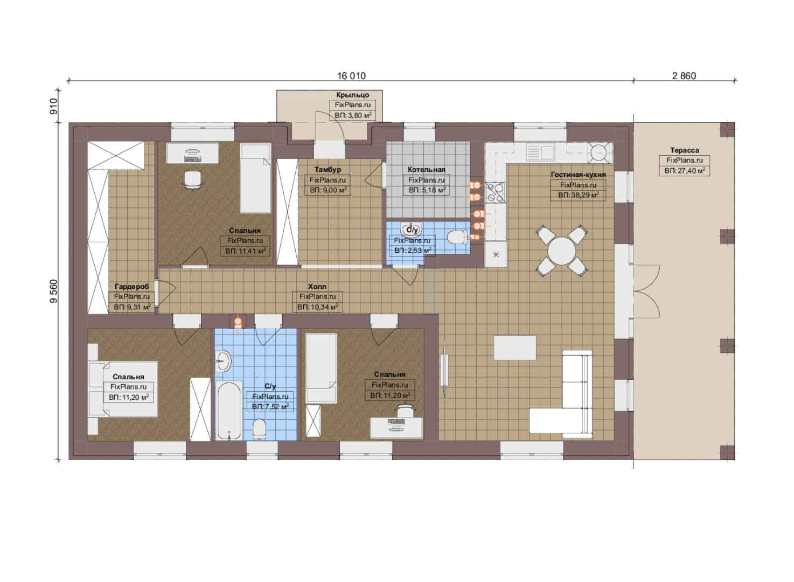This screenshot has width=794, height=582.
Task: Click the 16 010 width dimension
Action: pos(351,76)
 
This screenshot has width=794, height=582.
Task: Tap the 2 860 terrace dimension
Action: pos(684,76)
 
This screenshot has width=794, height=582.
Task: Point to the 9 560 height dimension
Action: pos(53,291)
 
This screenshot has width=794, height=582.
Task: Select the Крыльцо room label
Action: pos(352,95)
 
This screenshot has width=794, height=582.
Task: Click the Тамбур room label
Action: pos(328,170)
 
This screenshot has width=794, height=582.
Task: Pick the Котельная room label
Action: pos(426,170)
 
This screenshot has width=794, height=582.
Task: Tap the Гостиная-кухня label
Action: pos(578,175)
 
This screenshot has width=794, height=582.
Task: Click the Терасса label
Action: pos(685,150)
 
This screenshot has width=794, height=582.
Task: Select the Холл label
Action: pos(317,287)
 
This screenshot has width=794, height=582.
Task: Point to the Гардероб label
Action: pos(132,287)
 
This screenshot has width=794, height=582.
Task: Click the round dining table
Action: pos(561,251)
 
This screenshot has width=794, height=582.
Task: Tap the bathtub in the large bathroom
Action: pos(229,411)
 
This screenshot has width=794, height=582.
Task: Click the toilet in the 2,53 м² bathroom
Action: pos(457,237)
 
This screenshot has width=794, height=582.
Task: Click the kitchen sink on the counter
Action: pos(540,153)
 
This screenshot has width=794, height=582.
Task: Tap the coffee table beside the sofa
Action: pos(514,348)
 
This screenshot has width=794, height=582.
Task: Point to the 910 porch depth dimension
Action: pos(53,106)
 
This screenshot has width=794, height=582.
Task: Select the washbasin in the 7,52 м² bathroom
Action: pos(224,362)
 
